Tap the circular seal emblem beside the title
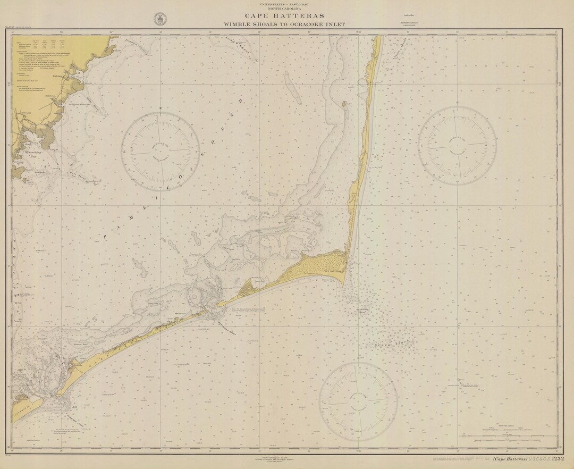158,19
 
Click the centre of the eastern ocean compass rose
457,146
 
